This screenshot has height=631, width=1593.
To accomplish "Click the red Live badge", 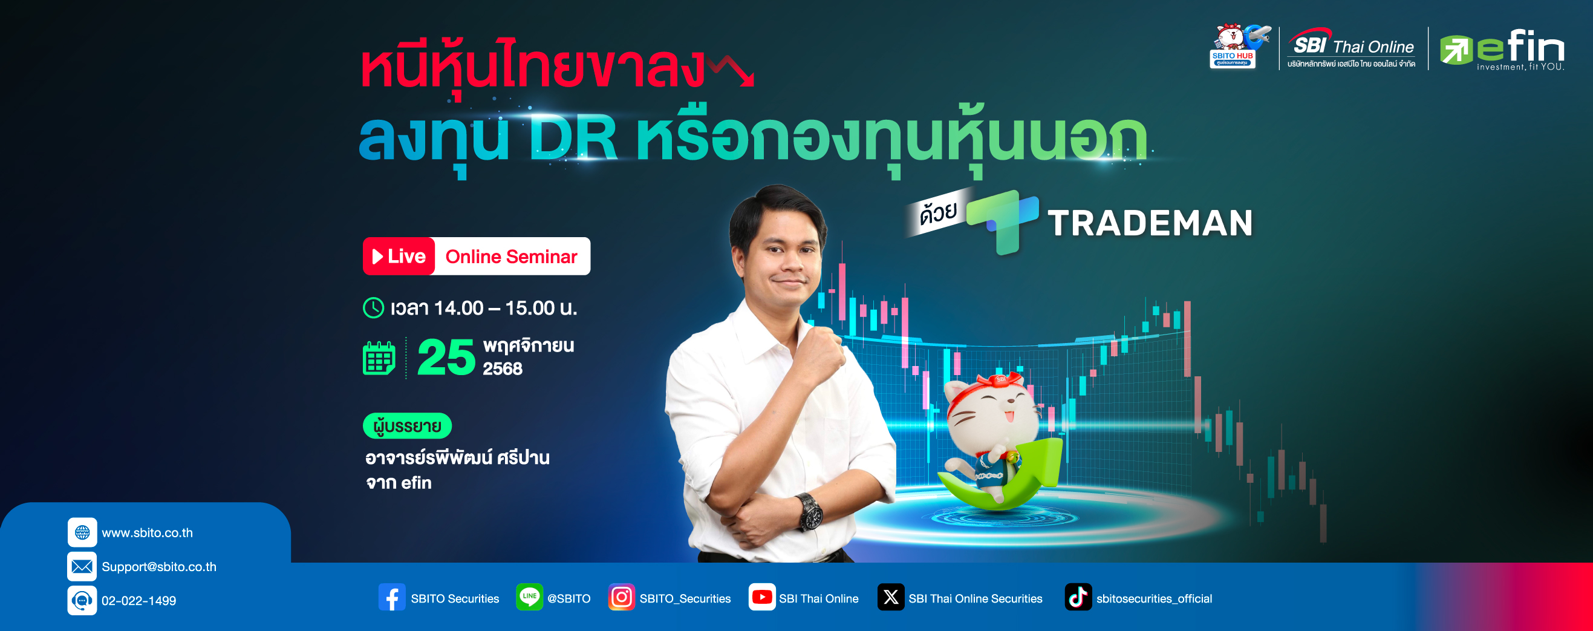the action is (x=399, y=256).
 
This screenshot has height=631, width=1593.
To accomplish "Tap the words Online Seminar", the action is (x=511, y=257).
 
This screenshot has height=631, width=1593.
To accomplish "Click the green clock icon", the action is (x=374, y=307).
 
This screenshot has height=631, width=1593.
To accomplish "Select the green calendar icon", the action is (x=379, y=358).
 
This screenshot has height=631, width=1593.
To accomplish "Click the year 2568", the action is (x=502, y=368).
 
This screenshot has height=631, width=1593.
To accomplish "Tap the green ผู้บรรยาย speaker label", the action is (x=407, y=426).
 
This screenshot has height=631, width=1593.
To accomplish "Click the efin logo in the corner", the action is (x=1502, y=50).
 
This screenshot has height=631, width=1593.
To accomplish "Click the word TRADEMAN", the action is (x=1150, y=223).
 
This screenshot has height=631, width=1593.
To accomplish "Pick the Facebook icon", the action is (x=392, y=598).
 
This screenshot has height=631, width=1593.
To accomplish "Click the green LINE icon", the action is (x=529, y=598).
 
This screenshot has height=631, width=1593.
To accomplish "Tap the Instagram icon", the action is (x=622, y=598).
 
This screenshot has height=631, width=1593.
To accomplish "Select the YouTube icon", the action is (x=762, y=598).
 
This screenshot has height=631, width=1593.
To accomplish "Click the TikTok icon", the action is (x=1078, y=598).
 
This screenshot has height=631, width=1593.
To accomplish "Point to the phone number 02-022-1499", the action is (x=138, y=601).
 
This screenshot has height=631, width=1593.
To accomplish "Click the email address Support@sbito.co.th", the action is (x=159, y=567).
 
